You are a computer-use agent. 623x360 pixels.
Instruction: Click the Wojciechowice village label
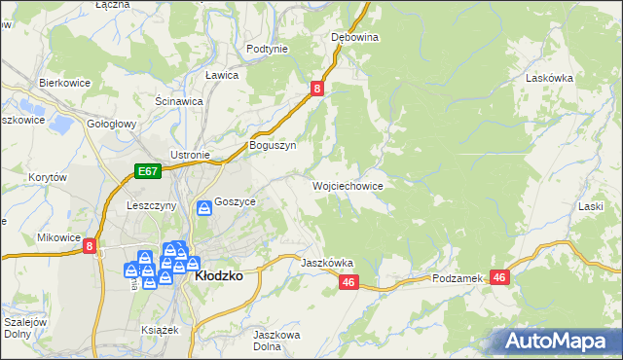point(348,186)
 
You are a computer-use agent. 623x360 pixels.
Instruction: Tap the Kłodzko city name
point(219,276)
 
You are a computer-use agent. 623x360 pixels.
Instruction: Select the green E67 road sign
point(147,172)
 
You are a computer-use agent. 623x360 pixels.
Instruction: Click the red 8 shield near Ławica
point(317,89)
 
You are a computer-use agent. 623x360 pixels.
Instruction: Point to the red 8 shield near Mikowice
point(90,247)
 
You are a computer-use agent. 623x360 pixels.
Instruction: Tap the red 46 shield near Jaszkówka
point(350,282)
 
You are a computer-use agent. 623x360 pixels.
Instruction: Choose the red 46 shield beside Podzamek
point(500,278)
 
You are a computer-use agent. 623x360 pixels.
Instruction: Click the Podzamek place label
point(458,278)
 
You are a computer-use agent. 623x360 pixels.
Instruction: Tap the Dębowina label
point(354,37)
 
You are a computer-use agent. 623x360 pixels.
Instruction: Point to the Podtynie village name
point(267,49)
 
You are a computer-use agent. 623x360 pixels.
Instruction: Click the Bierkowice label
point(64,84)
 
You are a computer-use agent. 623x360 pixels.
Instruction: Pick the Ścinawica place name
point(178,100)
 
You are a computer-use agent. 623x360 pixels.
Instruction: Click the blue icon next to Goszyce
point(204,207)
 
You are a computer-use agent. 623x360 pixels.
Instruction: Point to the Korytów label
point(47,178)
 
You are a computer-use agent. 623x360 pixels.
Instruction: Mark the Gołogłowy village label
point(112,125)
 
